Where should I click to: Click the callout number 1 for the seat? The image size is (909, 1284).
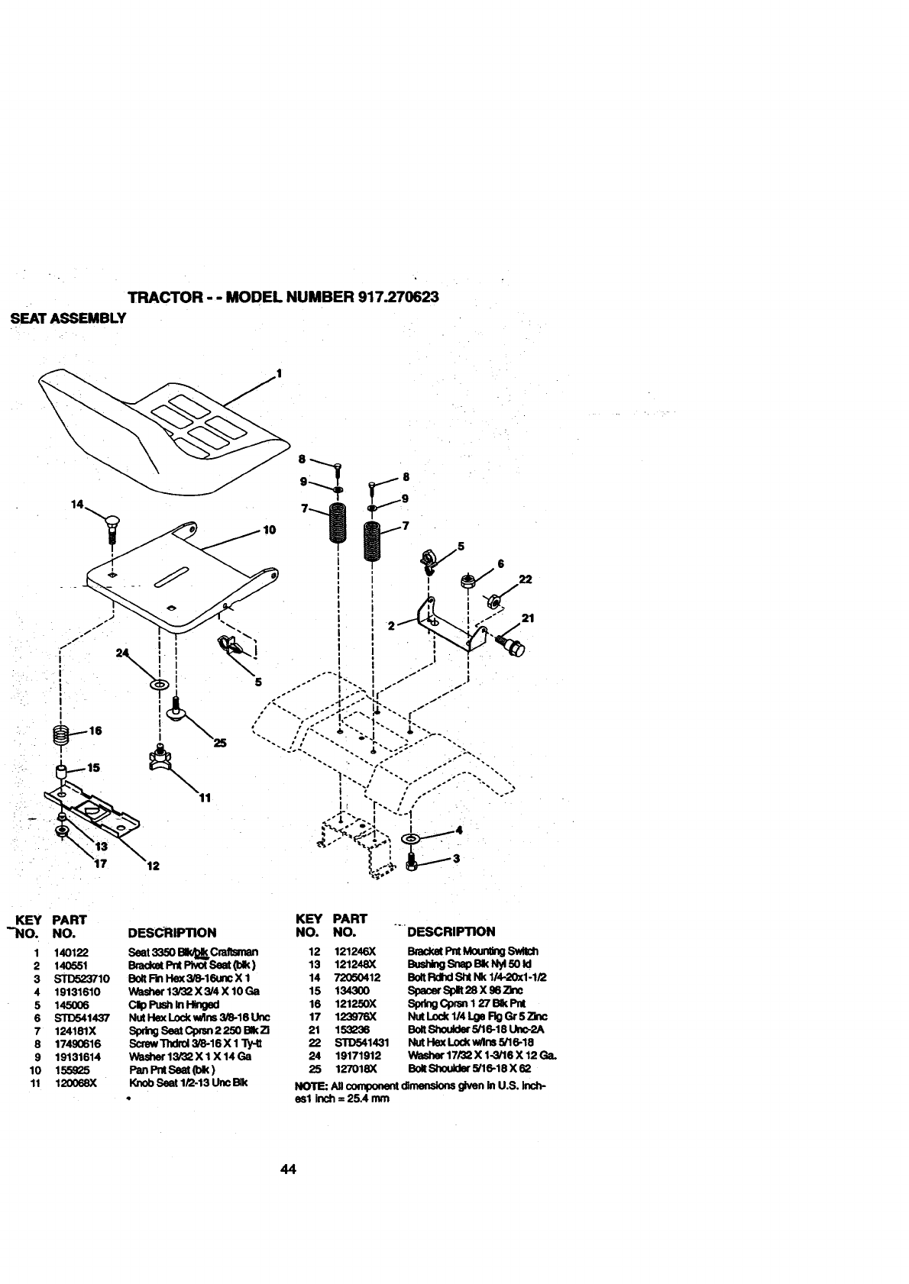click(279, 373)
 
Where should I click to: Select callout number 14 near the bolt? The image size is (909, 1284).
click(76, 505)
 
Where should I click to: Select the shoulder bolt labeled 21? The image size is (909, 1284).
click(512, 643)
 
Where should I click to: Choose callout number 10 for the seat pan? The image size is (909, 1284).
click(269, 530)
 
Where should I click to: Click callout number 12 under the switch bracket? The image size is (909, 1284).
click(153, 866)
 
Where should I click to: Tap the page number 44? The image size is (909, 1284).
click(288, 1169)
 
